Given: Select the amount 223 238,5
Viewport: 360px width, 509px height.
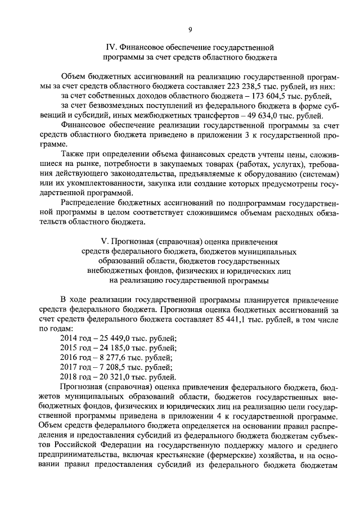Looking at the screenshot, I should click(259, 87).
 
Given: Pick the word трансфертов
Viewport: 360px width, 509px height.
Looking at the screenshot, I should click(204, 116).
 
